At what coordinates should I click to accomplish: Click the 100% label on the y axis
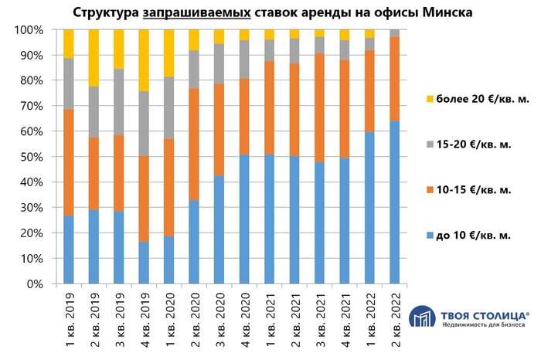click(29, 30)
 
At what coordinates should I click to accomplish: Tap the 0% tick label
click(36, 284)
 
